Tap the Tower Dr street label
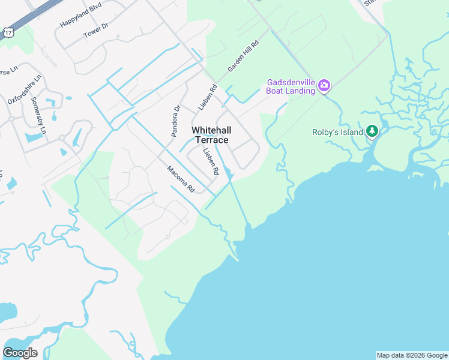[96, 31]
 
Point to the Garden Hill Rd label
[243, 57]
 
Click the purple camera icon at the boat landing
[324, 85]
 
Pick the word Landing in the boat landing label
[301, 91]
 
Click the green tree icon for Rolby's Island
[372, 131]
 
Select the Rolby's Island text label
[338, 132]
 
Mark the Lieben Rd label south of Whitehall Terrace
[211, 161]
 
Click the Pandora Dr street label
[176, 121]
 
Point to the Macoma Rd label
[181, 178]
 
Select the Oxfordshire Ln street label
[25, 89]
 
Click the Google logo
[20, 353]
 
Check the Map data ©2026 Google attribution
[412, 355]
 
